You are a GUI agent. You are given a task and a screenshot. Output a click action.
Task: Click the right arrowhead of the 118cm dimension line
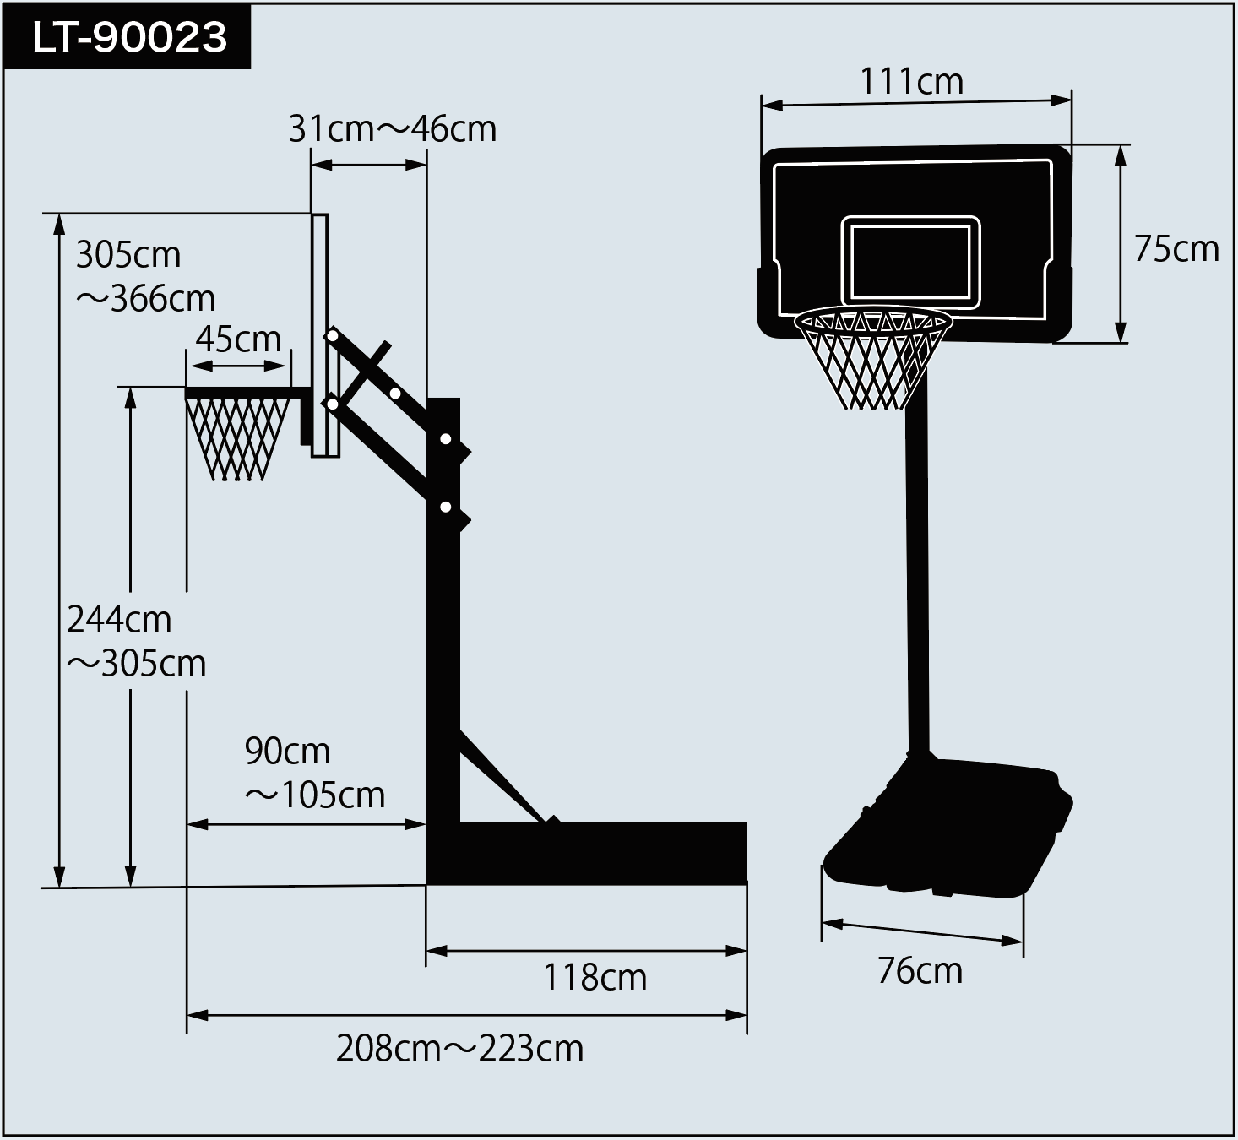click(737, 951)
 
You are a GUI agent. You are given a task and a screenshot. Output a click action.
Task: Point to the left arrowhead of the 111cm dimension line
click(772, 106)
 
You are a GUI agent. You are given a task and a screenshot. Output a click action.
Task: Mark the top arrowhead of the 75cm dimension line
click(1121, 155)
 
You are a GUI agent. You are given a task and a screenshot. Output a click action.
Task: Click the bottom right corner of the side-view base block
click(747, 884)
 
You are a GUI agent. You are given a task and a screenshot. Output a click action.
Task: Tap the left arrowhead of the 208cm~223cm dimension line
click(198, 1015)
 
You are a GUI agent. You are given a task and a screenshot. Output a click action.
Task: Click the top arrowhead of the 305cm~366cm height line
click(59, 225)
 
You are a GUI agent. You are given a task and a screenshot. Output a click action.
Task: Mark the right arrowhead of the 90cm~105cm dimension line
click(415, 824)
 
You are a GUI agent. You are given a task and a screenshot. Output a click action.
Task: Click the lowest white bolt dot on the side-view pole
click(446, 508)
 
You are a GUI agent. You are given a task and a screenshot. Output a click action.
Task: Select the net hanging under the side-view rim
click(237, 439)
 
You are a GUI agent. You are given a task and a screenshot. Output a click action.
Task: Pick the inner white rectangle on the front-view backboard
click(910, 263)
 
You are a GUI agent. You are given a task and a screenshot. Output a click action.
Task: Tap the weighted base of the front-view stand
click(948, 827)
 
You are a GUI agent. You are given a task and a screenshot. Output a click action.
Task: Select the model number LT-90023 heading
click(129, 37)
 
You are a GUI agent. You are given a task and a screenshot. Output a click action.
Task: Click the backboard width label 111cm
click(911, 81)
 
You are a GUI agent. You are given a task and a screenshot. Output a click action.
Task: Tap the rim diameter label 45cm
click(238, 339)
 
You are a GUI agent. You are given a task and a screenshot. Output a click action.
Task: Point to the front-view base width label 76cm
click(920, 970)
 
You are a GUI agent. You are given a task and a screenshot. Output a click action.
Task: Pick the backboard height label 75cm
click(1176, 249)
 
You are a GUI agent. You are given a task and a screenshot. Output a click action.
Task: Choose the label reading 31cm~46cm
click(393, 129)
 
